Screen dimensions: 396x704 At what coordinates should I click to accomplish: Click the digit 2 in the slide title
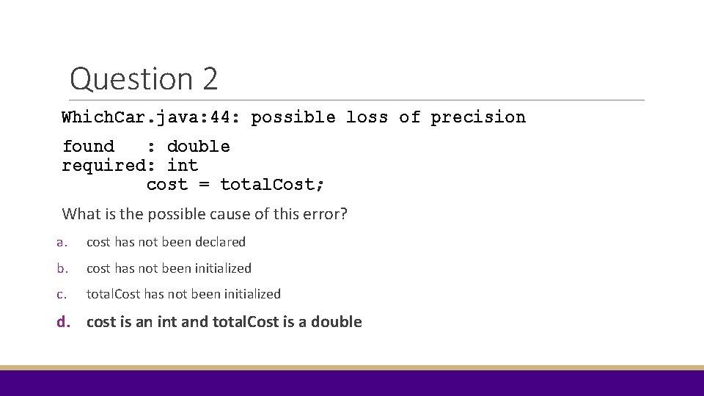point(208,78)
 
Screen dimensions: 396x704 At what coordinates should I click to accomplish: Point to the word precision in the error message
point(478,117)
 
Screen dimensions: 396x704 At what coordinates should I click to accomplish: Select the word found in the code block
point(88,147)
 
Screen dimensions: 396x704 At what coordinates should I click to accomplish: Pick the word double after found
point(198,147)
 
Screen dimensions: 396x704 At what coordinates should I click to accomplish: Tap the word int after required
point(183,166)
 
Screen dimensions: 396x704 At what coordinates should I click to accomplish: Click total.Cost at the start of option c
point(114,294)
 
